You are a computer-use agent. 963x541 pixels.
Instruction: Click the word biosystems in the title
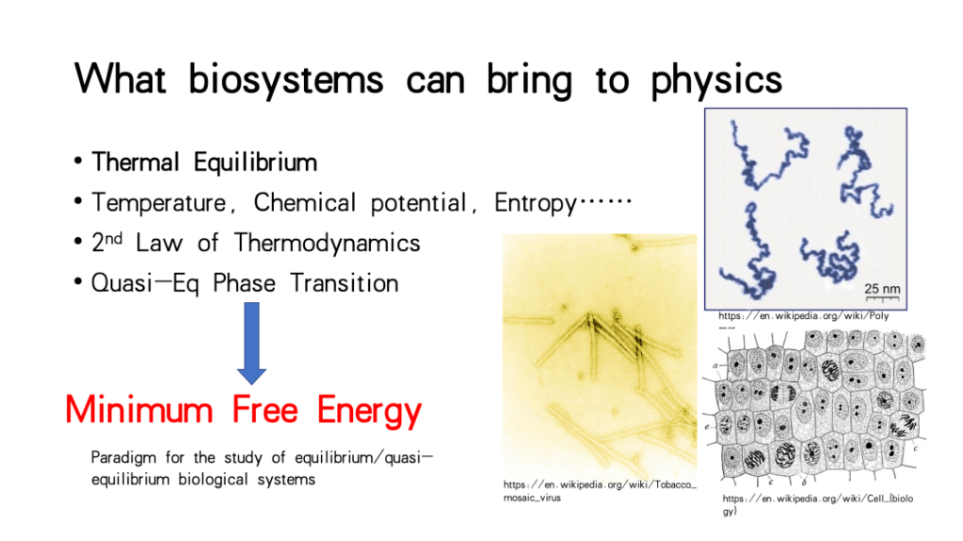pos(285,80)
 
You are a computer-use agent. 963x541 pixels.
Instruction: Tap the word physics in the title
pos(716,80)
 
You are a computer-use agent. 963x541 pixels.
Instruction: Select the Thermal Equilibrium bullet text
pos(204,162)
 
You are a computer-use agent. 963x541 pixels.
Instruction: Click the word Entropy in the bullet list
pos(536,203)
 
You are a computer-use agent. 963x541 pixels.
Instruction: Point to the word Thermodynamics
pos(327,243)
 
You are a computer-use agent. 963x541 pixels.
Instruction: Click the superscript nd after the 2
pos(114,238)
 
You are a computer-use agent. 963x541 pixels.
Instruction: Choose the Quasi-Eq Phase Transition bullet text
pos(245,283)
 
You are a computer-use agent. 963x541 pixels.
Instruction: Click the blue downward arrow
pos(251,342)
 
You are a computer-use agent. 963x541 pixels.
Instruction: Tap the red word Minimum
pos(138,409)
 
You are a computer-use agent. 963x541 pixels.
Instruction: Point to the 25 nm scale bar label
pos(883,289)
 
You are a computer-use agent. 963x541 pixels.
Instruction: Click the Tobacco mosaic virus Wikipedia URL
pos(600,490)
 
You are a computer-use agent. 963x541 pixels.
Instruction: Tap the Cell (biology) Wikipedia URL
pos(817,504)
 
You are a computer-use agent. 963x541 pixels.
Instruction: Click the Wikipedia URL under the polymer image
pos(803,316)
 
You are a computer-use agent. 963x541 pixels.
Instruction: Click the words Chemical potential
pos(361,203)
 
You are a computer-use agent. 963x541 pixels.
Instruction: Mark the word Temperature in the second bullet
pos(159,203)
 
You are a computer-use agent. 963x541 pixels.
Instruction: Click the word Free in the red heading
pos(265,409)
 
